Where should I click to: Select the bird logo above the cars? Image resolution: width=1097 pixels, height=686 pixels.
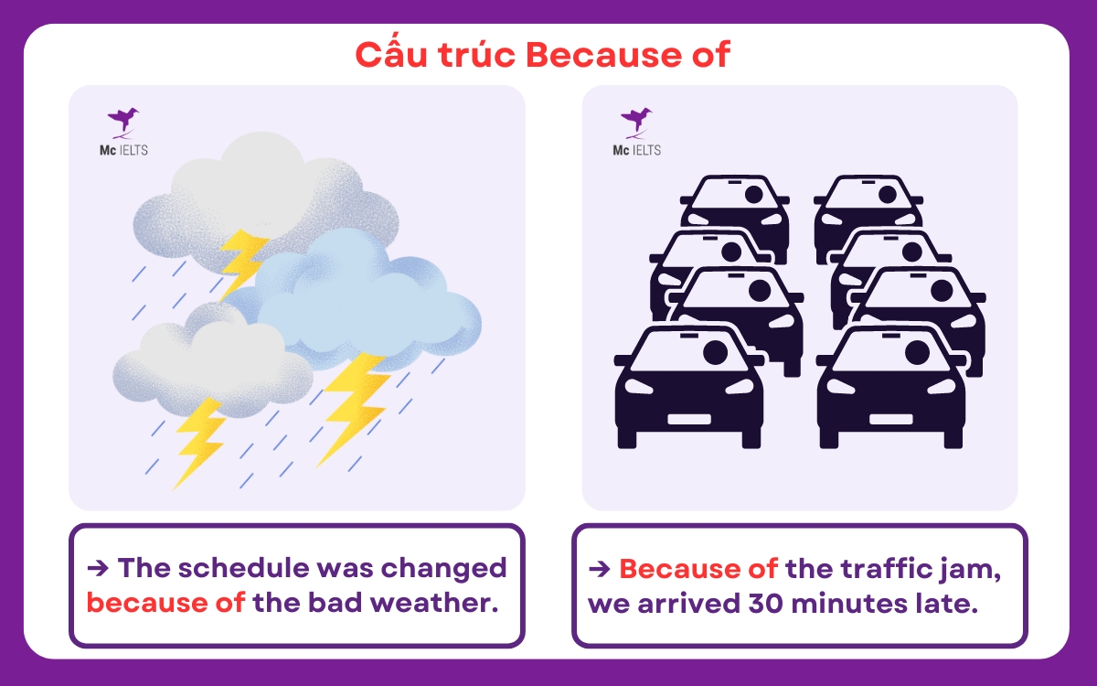[636, 119]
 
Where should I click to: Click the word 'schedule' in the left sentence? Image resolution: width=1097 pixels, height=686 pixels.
[238, 568]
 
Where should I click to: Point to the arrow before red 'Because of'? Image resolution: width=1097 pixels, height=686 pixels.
[600, 568]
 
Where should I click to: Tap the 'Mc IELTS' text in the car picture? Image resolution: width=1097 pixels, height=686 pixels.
[636, 149]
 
